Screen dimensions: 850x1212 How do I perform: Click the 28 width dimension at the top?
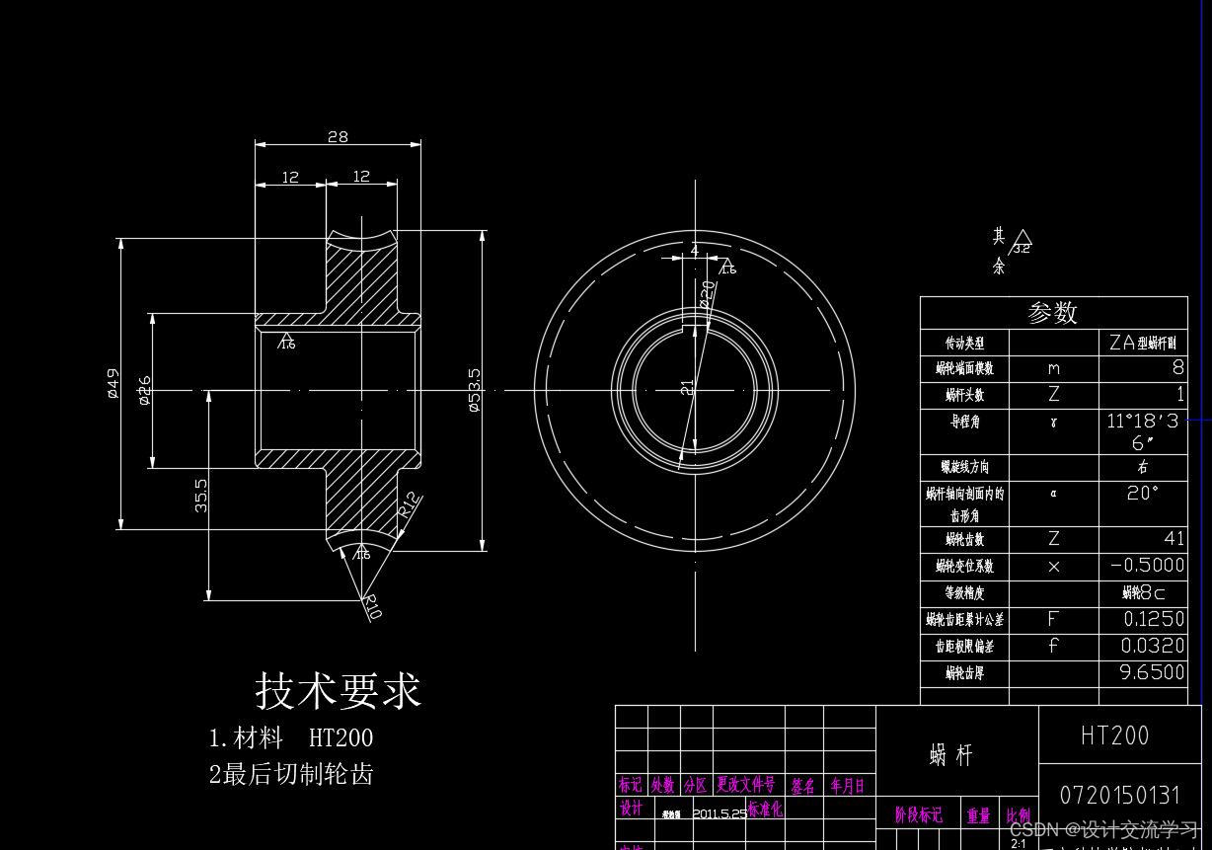tap(338, 136)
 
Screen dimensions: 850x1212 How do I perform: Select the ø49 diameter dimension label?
tap(114, 383)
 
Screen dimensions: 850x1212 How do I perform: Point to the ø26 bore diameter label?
tap(145, 390)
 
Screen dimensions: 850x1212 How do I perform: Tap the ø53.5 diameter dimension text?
tap(474, 390)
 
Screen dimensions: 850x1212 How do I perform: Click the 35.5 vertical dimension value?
tap(201, 495)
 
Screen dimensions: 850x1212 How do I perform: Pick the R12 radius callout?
tap(411, 504)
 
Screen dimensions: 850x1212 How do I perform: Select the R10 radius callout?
tap(371, 606)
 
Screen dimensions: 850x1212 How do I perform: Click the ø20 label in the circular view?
tap(708, 292)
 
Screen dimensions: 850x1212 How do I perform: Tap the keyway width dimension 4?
tap(694, 251)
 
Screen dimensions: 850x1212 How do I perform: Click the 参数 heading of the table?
tap(1053, 312)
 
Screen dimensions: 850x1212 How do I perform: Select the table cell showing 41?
tap(1173, 539)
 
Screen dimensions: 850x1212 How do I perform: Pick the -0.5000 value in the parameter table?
tap(1147, 566)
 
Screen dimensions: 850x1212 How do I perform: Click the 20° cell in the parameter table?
tap(1142, 493)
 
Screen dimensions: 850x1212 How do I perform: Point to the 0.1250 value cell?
tap(1153, 619)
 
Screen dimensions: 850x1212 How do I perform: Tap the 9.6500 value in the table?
tap(1152, 672)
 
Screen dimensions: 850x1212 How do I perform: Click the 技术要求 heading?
tap(339, 690)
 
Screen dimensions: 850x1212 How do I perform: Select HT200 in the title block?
tap(1115, 735)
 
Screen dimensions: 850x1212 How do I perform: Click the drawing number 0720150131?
tap(1119, 795)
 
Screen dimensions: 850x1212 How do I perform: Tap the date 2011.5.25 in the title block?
tap(720, 814)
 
